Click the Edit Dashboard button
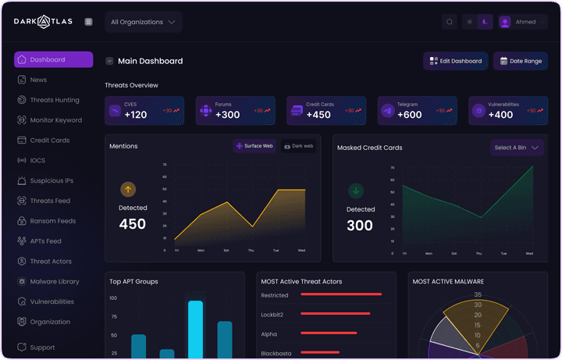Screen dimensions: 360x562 click(x=455, y=61)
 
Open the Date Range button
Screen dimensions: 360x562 click(x=520, y=61)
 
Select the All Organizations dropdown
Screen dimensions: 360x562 click(x=144, y=22)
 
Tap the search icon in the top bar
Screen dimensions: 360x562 click(x=450, y=22)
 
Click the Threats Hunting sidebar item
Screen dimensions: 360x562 click(x=54, y=100)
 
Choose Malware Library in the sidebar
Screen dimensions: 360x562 click(x=54, y=281)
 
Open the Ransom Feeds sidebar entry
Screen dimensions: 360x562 click(x=52, y=221)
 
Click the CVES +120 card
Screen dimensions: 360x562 click(x=144, y=111)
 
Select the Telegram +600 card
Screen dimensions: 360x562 click(x=417, y=111)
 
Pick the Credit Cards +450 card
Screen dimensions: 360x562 click(x=326, y=111)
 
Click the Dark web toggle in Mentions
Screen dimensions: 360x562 click(x=298, y=146)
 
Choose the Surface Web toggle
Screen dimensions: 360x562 click(x=254, y=146)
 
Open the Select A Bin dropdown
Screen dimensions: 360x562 click(x=517, y=148)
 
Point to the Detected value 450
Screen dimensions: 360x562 click(x=132, y=225)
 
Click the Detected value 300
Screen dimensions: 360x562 click(x=360, y=226)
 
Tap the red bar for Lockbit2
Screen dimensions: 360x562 click(x=335, y=314)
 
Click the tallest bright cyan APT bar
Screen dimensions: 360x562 click(x=195, y=328)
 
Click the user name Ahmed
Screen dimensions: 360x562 click(x=525, y=22)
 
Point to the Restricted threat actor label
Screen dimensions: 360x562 click(x=275, y=295)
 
